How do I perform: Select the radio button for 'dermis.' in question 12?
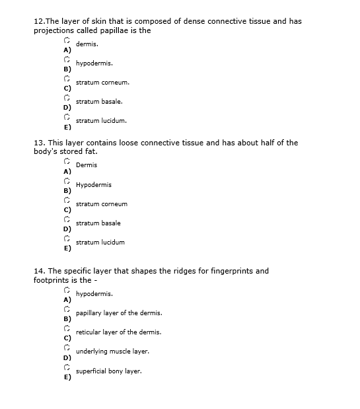point(67,41)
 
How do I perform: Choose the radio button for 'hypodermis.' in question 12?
point(67,60)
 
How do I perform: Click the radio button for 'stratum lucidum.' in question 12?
point(67,118)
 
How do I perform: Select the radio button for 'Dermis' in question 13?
point(67,162)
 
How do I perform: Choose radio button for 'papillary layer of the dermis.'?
point(67,309)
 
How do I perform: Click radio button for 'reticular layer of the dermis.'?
point(67,328)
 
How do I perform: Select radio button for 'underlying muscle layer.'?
point(67,348)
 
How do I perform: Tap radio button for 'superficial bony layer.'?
point(67,367)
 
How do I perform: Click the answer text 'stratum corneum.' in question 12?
point(102,83)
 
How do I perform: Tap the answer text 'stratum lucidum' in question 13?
point(100,242)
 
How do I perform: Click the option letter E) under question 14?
point(67,378)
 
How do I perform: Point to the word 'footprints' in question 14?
point(52,280)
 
